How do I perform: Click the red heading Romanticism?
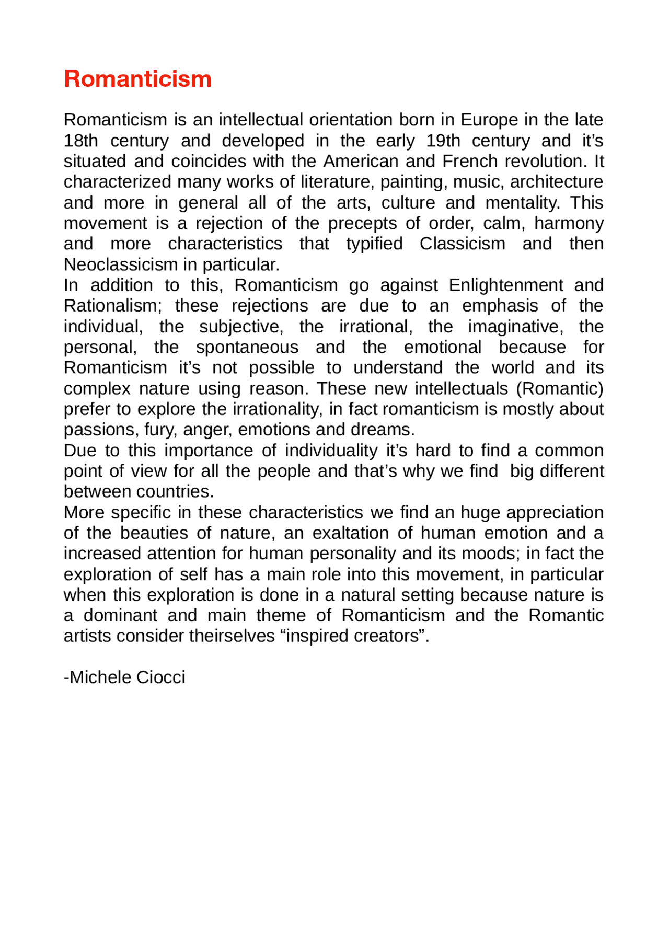(137, 79)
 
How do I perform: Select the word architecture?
(556, 182)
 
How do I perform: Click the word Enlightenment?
(505, 285)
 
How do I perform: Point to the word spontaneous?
(247, 347)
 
